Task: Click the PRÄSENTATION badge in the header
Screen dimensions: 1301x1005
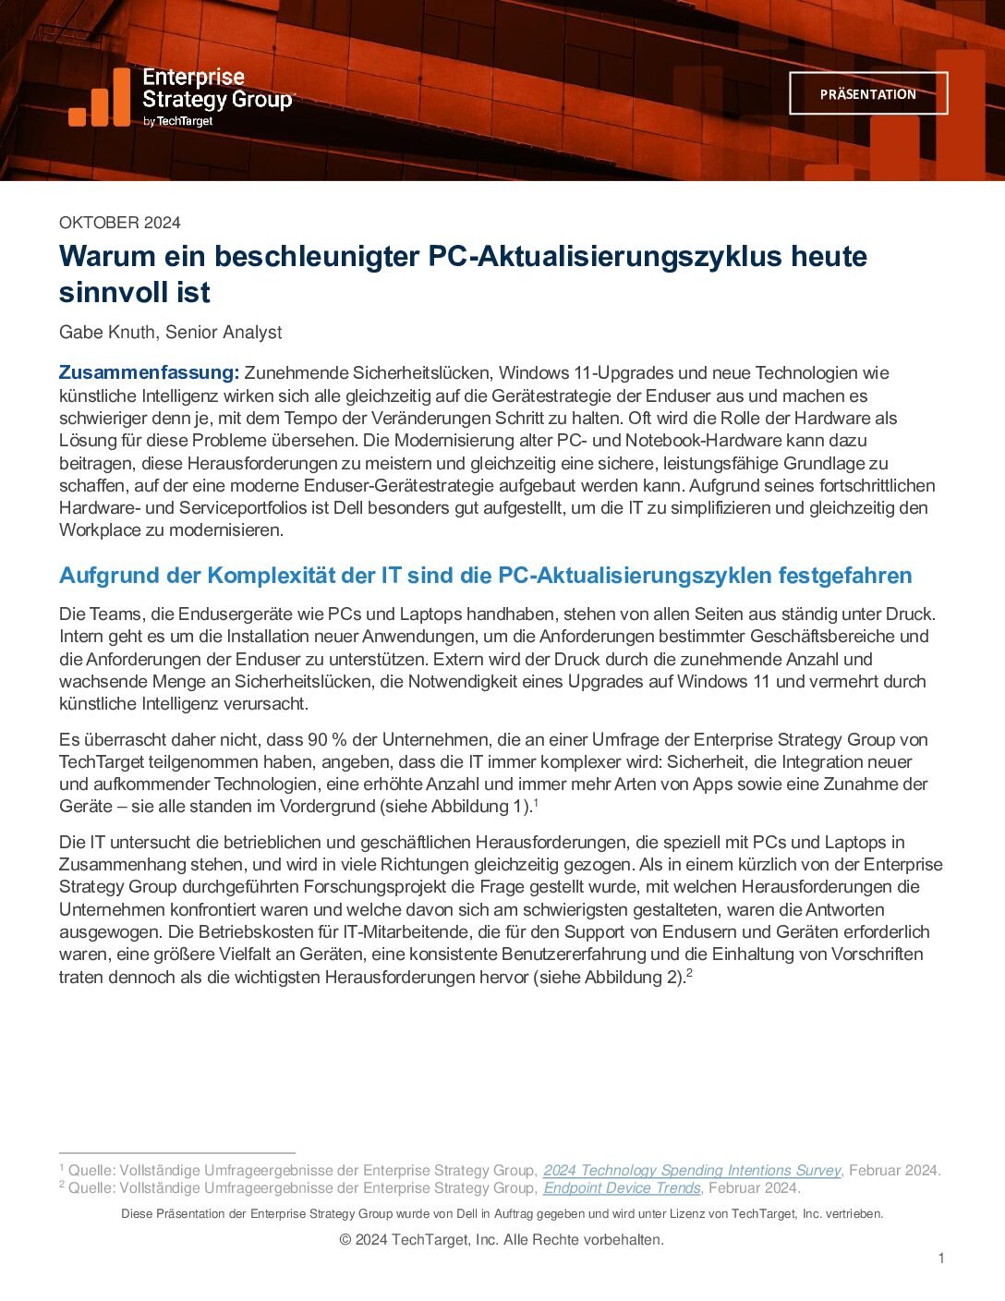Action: (x=867, y=93)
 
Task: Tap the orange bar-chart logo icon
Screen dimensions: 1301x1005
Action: (x=99, y=99)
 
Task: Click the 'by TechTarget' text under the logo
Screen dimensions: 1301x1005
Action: (x=177, y=121)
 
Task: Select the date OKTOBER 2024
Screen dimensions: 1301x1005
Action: (x=120, y=223)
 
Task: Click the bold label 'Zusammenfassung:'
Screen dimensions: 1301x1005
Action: (x=149, y=373)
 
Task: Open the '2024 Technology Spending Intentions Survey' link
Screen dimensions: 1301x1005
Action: (x=692, y=1171)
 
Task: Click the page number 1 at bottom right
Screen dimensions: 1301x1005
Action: (x=941, y=1258)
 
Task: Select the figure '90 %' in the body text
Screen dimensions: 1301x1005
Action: (x=329, y=740)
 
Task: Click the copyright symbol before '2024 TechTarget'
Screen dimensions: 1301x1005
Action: (x=345, y=1240)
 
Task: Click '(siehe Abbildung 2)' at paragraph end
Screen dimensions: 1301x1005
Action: (x=609, y=978)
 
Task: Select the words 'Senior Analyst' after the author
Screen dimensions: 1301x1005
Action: (x=224, y=333)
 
